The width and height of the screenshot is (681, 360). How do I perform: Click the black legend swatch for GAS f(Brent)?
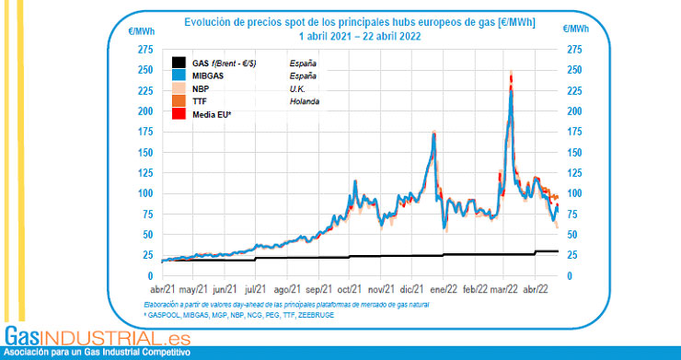(x=180, y=63)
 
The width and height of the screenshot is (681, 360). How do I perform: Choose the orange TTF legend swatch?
(x=180, y=101)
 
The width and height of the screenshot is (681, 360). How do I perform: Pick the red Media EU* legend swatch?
(x=180, y=114)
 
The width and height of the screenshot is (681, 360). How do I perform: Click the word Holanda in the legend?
(x=304, y=101)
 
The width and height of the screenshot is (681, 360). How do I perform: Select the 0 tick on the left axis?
(x=150, y=276)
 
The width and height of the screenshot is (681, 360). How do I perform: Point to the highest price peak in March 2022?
(x=511, y=74)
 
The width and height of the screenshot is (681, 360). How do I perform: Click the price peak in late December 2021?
(x=434, y=134)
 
